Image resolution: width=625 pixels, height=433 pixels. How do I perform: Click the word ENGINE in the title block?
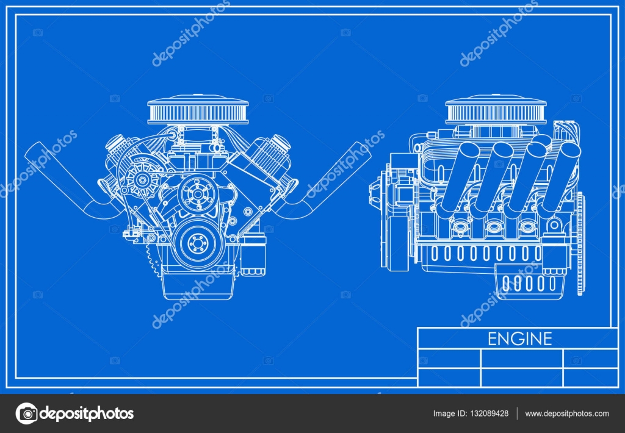[519, 338]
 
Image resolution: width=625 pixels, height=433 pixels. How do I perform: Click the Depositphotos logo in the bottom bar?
[74, 413]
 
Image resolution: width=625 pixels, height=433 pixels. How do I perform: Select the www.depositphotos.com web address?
[566, 413]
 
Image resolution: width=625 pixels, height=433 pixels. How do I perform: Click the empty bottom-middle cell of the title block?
[521, 377]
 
